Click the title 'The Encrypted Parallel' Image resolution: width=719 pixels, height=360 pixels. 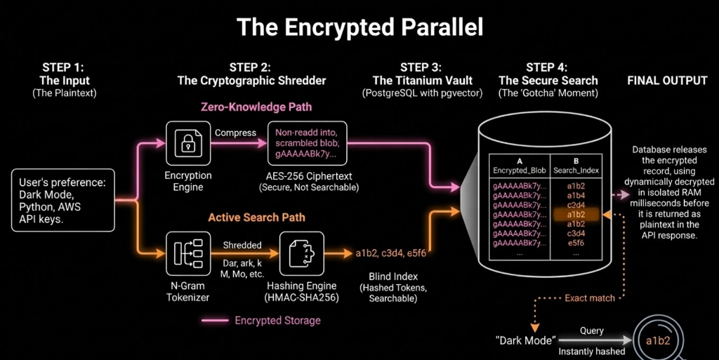359,27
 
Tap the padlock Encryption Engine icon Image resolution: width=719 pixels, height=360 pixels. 187,143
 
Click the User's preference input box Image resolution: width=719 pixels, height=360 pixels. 62,199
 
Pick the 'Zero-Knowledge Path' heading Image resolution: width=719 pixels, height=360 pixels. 256,107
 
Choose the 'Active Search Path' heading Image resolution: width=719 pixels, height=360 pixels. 256,218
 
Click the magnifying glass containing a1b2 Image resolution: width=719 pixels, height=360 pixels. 659,341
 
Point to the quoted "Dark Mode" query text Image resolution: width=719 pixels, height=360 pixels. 523,341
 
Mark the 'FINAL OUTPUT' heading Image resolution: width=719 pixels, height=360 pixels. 666,81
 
